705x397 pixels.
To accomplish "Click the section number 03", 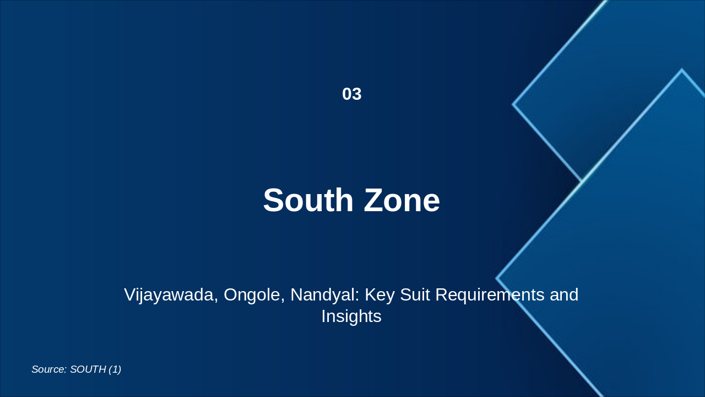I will tap(351, 94).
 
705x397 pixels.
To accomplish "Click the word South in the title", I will tap(308, 200).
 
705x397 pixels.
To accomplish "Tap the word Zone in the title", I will tap(402, 200).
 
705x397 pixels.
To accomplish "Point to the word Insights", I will tap(351, 316).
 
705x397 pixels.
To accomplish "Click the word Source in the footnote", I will tap(48, 369).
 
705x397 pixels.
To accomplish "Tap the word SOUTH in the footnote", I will tap(88, 369).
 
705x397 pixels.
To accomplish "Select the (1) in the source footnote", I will tap(115, 369).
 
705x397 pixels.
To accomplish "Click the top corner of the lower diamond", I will tap(681, 70).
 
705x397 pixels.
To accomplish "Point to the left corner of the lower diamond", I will tap(497, 278).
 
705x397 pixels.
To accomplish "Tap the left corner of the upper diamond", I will tap(513, 104).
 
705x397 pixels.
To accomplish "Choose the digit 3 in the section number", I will tap(357, 94).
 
